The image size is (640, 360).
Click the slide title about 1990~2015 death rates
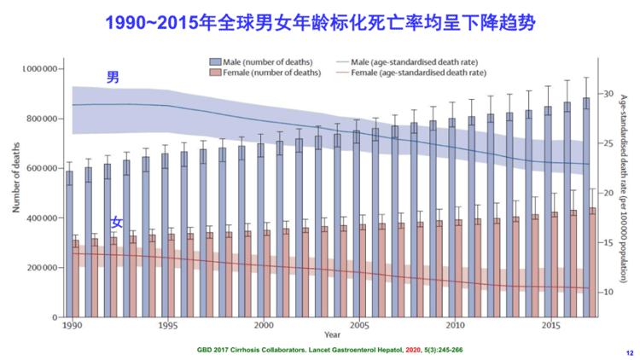[320, 23]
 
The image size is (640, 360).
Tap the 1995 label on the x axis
[168, 325]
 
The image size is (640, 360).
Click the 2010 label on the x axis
[456, 325]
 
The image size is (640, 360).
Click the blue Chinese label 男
[113, 78]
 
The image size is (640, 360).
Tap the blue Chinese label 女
[117, 222]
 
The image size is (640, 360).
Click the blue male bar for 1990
[69, 243]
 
